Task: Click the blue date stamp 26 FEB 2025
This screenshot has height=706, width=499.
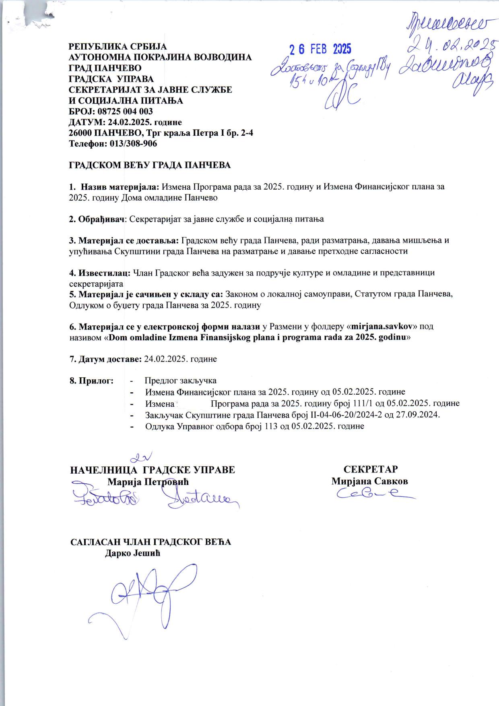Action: (x=321, y=50)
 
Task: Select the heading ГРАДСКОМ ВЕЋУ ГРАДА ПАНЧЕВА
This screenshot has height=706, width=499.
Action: (x=150, y=165)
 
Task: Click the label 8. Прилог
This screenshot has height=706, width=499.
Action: (x=91, y=381)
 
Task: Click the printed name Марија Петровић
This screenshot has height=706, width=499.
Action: (x=148, y=482)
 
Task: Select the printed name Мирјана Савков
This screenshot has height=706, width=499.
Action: (x=370, y=481)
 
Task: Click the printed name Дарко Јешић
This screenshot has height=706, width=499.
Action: (x=133, y=553)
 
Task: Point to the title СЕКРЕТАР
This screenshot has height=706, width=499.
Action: (x=371, y=470)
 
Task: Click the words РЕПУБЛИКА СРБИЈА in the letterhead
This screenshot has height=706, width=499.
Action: (x=118, y=47)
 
